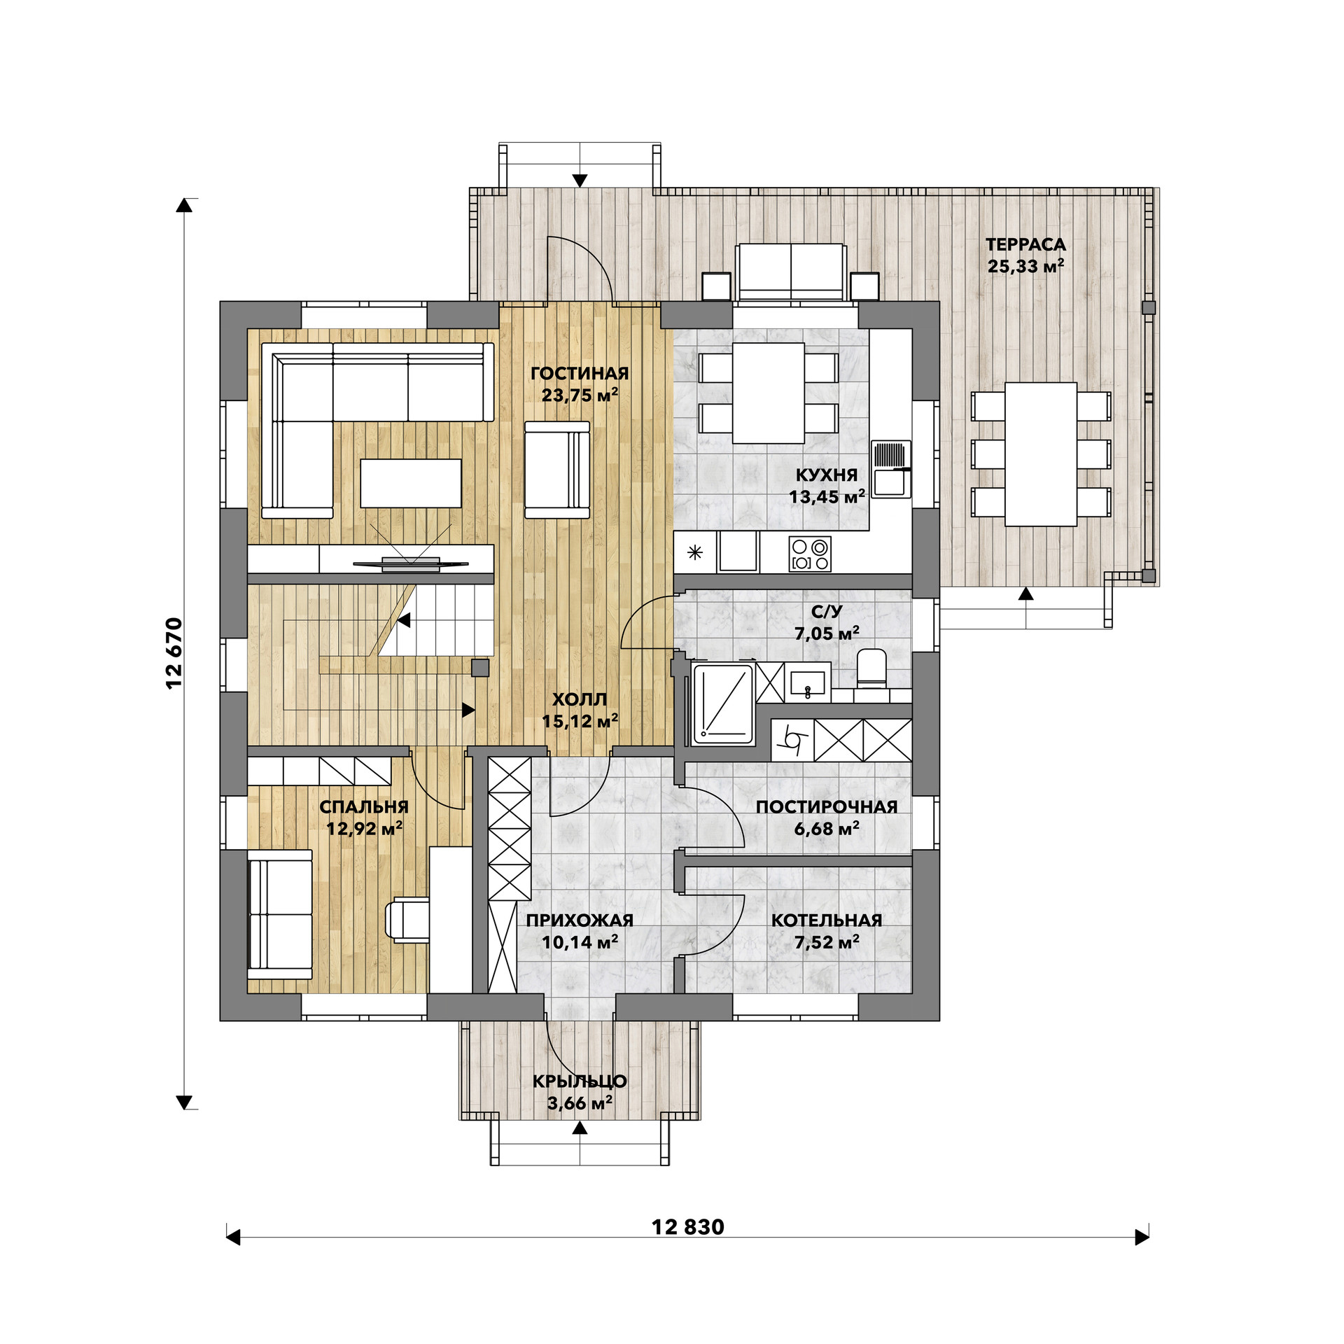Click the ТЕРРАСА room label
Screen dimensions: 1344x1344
pos(1025,245)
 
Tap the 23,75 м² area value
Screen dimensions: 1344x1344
pos(580,395)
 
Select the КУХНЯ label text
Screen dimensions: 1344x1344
pos(827,475)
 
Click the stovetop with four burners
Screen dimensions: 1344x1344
pos(810,554)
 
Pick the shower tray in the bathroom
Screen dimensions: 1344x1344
pos(722,704)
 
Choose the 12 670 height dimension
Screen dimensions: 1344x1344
pos(174,653)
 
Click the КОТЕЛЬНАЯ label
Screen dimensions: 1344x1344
pos(827,920)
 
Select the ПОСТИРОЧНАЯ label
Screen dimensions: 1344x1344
pos(827,807)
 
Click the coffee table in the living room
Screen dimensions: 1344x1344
pos(411,483)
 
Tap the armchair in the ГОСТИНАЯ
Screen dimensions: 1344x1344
pos(557,470)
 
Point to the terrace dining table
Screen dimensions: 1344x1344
pos(1041,454)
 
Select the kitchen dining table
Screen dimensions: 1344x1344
pos(769,393)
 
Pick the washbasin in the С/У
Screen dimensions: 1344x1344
pos(808,681)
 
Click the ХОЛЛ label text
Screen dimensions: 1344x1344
pos(580,699)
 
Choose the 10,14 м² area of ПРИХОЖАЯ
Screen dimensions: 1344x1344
pos(580,942)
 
